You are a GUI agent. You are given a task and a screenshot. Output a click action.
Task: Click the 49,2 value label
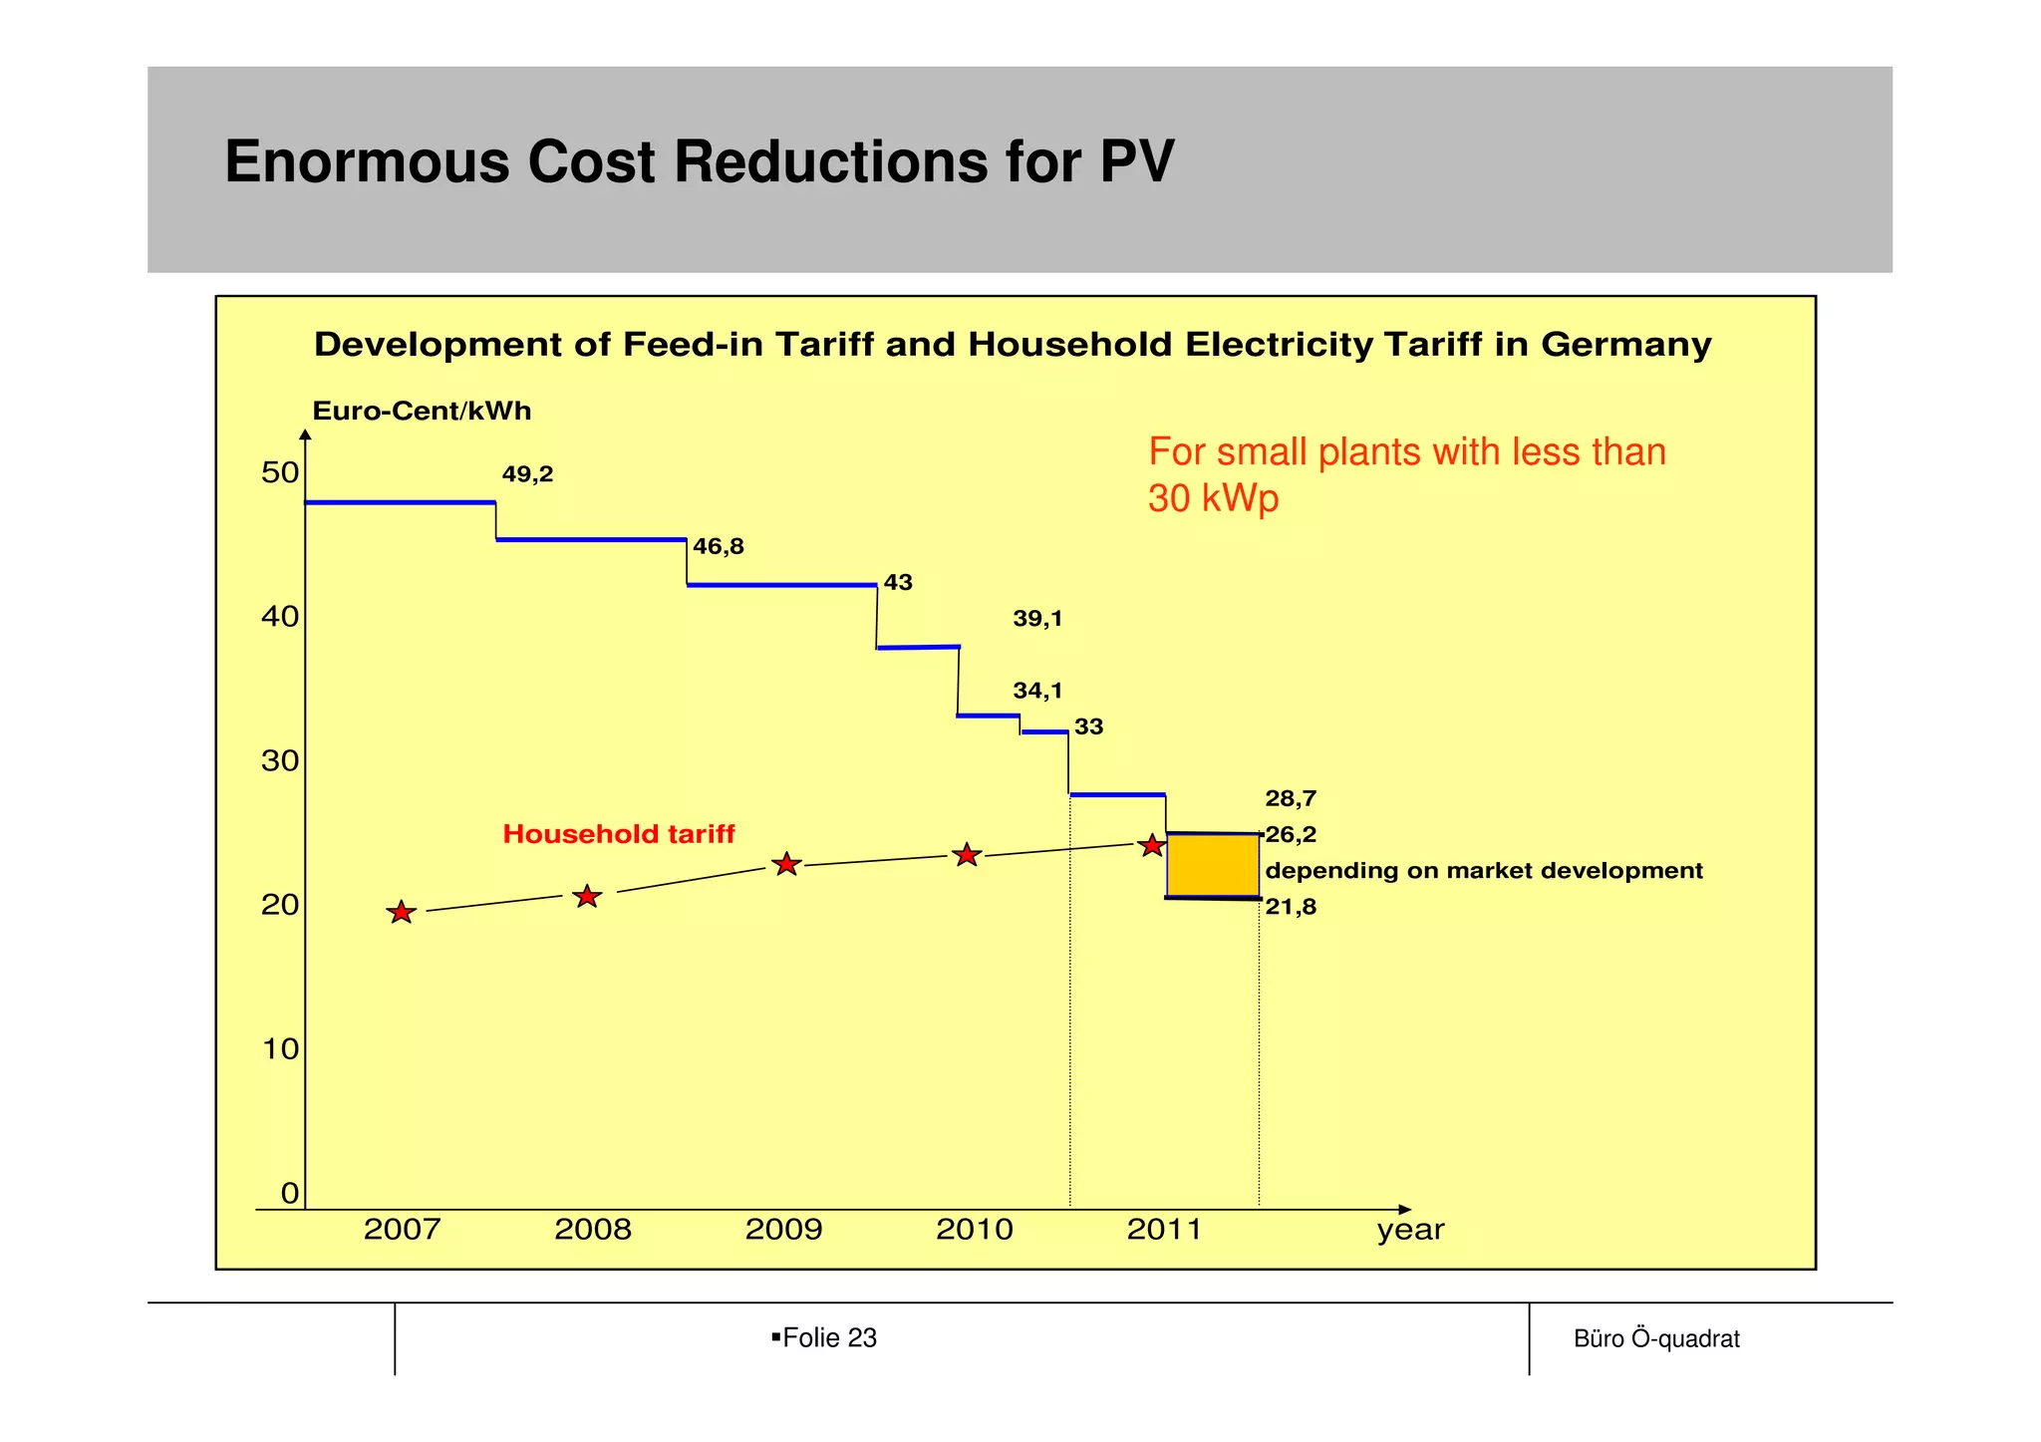[527, 474]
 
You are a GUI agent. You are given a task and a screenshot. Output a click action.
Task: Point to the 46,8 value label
[719, 546]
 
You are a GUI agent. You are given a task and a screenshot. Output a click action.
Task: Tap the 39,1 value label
[1037, 619]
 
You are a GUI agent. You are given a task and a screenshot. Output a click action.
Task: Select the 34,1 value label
[1037, 691]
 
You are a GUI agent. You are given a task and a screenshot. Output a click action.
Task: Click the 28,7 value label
[1291, 798]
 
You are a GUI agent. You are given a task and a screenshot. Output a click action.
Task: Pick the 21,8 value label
[1291, 907]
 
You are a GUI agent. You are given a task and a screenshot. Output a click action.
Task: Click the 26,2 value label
[1291, 834]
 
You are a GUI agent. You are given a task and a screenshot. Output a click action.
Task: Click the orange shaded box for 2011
[1213, 866]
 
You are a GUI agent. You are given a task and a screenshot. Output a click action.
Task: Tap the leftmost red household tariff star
[401, 912]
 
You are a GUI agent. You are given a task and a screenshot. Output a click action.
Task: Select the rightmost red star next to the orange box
[1152, 845]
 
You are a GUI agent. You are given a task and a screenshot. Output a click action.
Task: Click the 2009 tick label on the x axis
[783, 1230]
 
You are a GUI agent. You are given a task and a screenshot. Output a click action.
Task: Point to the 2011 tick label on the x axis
[1165, 1230]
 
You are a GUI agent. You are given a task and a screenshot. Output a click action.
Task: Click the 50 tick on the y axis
[280, 472]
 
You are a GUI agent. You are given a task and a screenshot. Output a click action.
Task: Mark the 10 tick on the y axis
[280, 1048]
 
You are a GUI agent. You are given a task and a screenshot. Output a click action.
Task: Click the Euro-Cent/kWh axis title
[422, 411]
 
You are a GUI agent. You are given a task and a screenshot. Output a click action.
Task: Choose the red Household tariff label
[618, 834]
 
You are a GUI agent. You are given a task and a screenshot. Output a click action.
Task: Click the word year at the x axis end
[1410, 1230]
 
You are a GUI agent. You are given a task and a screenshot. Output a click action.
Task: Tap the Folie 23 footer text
[829, 1337]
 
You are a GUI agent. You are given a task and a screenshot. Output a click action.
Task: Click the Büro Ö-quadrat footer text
[1656, 1338]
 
